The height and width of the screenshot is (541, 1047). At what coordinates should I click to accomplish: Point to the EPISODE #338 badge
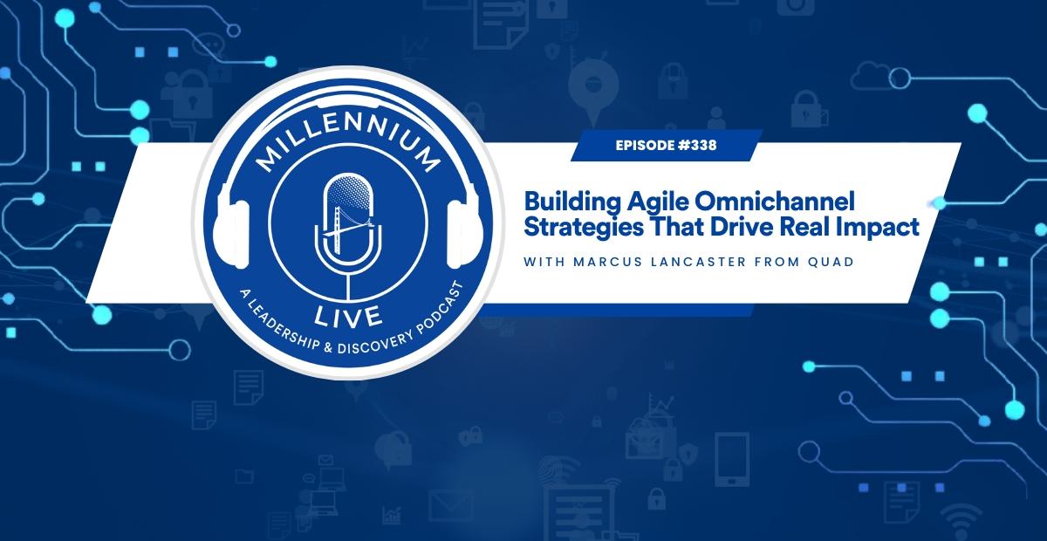pyautogui.click(x=666, y=146)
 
